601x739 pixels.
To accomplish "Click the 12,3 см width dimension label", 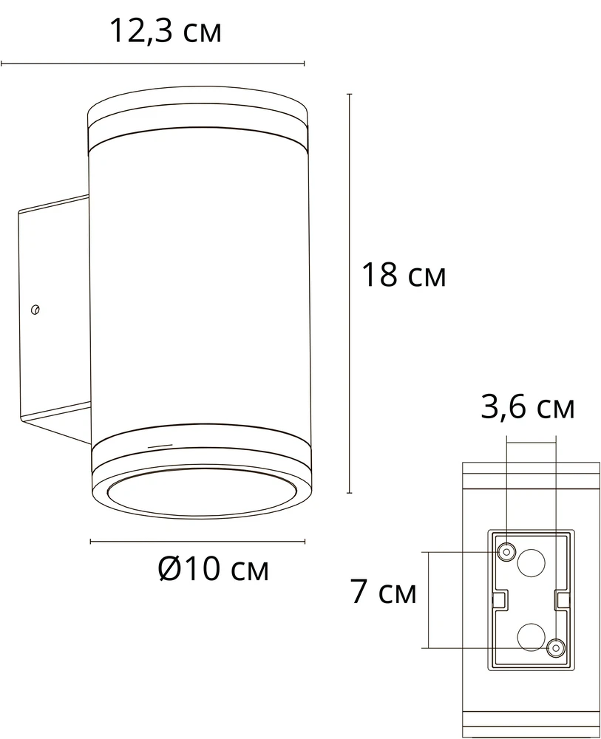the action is pyautogui.click(x=166, y=32).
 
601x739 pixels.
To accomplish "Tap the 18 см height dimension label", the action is pyautogui.click(x=404, y=275).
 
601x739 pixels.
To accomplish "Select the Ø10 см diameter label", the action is pyautogui.click(x=213, y=569).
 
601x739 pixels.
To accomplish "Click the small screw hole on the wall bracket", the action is pyautogui.click(x=35, y=309).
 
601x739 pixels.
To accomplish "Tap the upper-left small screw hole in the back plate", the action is pyautogui.click(x=506, y=551).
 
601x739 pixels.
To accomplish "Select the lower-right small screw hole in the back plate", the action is pyautogui.click(x=556, y=648).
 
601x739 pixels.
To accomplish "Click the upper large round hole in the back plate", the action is pyautogui.click(x=532, y=562).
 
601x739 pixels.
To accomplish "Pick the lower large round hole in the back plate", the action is pyautogui.click(x=532, y=637).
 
